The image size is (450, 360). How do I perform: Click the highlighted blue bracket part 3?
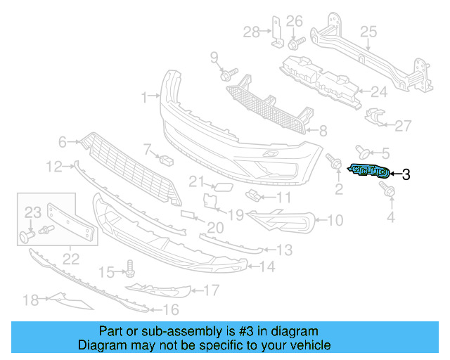[x=368, y=172]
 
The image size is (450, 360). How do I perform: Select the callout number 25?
[x=369, y=31]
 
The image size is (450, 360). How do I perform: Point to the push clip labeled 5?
[x=364, y=150]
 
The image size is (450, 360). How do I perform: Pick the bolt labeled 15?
[x=129, y=267]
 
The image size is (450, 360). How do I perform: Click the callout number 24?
[x=379, y=92]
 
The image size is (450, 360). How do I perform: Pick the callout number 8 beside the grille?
[x=323, y=131]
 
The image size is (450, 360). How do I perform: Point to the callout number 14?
[x=267, y=266]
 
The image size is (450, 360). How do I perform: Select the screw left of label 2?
[x=333, y=162]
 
